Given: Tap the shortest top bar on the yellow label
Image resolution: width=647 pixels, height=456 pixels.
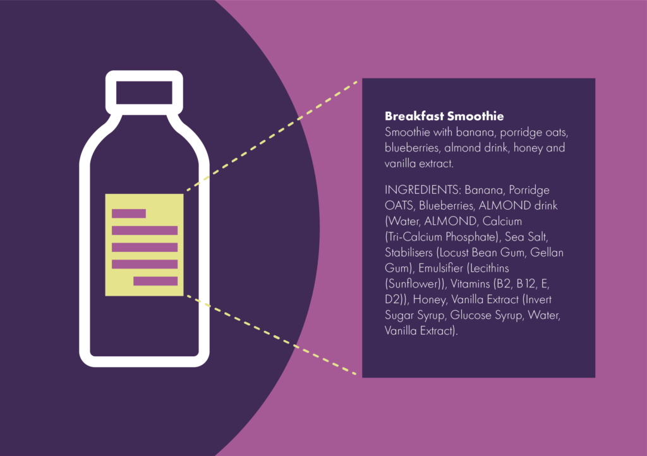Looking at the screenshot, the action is point(129,213).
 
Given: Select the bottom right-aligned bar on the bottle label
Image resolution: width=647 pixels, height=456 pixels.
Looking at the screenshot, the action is point(155,281).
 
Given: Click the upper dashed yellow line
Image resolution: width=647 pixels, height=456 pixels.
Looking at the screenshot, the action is point(272,136).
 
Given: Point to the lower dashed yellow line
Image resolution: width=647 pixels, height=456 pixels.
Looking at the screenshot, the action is point(272,335).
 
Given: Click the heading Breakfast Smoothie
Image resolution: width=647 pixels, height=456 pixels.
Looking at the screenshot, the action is point(444,116).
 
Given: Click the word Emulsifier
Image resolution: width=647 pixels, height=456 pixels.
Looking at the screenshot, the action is point(440,268).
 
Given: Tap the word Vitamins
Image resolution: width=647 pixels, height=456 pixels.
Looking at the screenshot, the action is point(470,284).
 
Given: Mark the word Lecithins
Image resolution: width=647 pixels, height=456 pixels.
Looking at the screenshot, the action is point(490,268).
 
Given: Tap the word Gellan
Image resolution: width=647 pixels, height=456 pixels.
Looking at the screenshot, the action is point(547,253).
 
